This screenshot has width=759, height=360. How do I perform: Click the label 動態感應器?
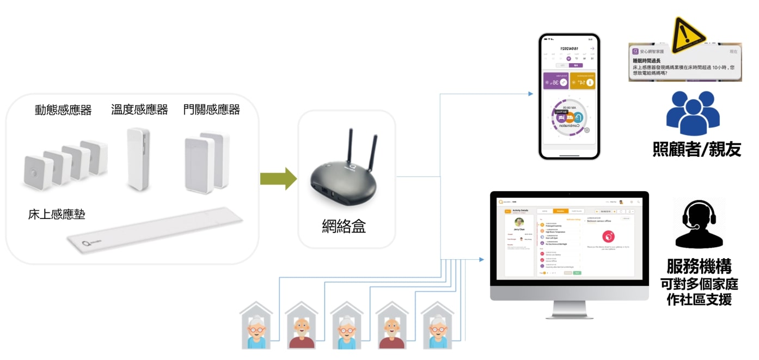[x=63, y=110]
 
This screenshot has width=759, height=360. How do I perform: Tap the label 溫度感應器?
[x=139, y=109]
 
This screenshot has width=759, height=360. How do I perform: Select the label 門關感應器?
[x=212, y=109]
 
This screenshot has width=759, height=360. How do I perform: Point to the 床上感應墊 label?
[x=57, y=214]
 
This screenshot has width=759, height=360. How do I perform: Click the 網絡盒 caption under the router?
[x=344, y=225]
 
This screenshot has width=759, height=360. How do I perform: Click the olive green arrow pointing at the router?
[x=278, y=179]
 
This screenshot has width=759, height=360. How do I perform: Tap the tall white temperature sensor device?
[x=138, y=159]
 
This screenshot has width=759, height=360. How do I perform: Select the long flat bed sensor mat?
[x=155, y=232]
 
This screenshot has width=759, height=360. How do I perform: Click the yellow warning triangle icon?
[x=689, y=35]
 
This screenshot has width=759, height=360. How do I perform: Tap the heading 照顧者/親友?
[x=696, y=149]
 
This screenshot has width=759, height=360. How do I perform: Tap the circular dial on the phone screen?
[x=569, y=117]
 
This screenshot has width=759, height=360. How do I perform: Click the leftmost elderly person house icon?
[x=256, y=327]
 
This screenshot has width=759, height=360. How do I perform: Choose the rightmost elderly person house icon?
[x=437, y=327]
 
